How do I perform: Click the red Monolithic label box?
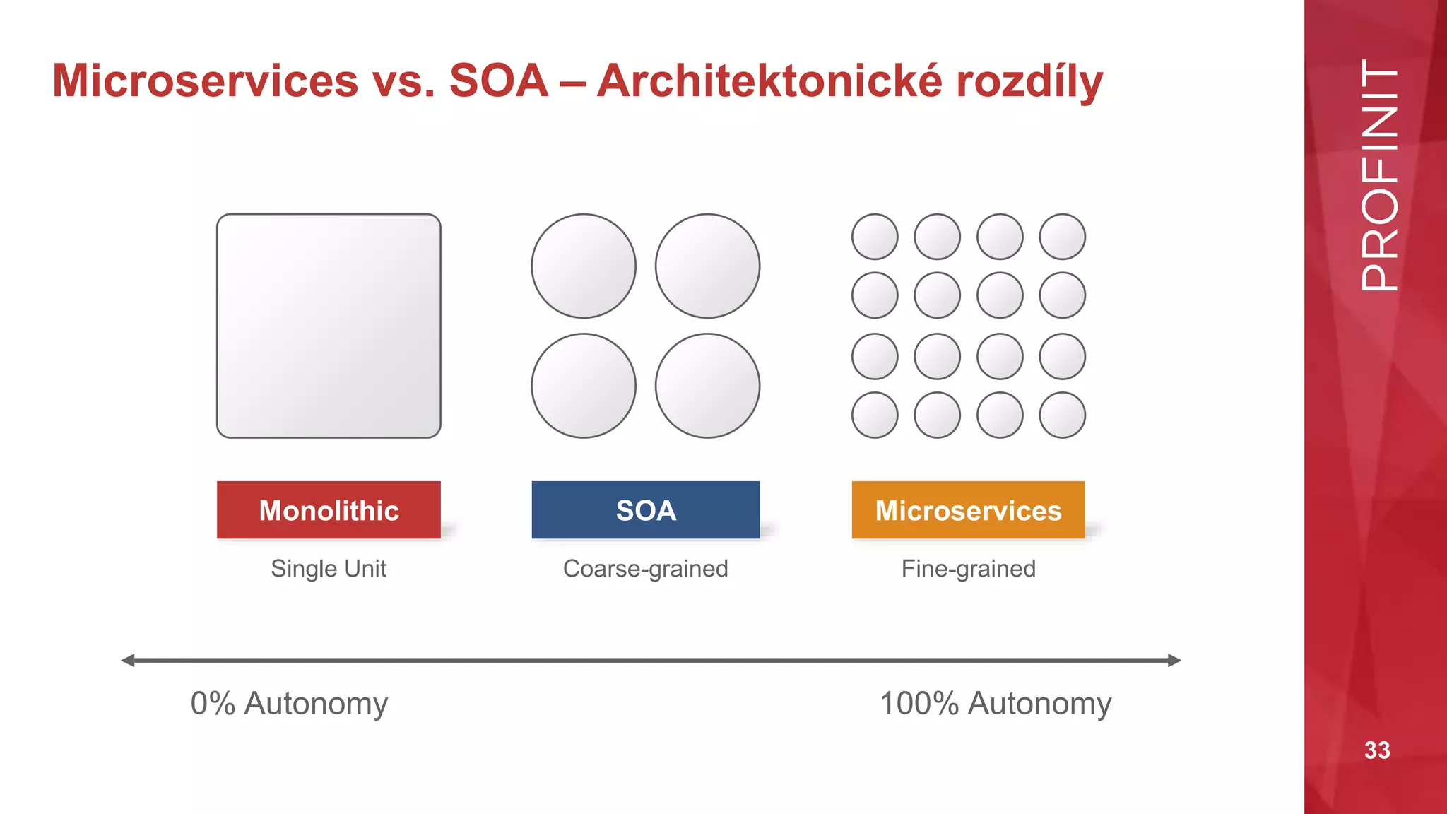pos(329,510)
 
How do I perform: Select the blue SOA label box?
pos(645,510)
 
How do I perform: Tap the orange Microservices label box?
pos(968,510)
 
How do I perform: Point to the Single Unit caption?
pos(329,569)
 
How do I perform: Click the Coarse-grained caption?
pos(645,569)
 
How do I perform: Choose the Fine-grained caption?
pos(968,569)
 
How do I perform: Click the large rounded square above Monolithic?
pos(329,326)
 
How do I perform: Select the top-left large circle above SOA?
pos(584,266)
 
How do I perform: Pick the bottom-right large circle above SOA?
pos(707,386)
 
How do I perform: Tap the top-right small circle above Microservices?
pos(1062,237)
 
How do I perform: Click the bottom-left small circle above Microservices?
pos(875,415)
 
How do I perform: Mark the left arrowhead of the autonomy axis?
pos(128,661)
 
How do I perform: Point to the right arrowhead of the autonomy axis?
pos(1174,661)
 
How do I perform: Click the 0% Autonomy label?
pos(289,704)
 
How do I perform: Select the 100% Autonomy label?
pos(995,704)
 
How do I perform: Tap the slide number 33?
pos(1377,750)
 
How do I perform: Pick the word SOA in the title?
pos(499,81)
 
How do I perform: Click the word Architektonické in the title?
pos(769,81)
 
